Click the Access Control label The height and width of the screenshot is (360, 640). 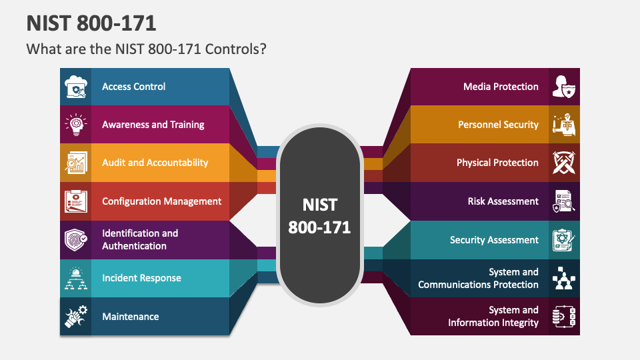133,87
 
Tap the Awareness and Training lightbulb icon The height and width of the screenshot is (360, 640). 75,125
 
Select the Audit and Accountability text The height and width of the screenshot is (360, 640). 155,163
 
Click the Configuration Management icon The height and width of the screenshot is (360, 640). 75,201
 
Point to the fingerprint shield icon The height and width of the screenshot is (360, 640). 75,240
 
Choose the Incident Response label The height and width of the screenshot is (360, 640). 141,278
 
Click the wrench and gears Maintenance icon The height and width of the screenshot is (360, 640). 75,317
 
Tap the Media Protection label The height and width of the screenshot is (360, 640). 501,87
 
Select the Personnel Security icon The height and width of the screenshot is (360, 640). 565,125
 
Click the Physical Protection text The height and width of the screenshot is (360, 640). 497,163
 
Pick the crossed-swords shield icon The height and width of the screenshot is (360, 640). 565,163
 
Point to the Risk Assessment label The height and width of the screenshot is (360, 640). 503,201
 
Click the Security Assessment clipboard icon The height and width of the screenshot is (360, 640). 565,240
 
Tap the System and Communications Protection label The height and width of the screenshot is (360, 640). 478,278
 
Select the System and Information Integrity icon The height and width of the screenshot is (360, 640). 565,317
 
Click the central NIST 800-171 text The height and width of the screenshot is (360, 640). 319,215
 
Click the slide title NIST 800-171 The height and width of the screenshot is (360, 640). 91,23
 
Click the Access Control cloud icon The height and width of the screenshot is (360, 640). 75,87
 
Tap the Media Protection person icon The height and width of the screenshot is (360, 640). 565,87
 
